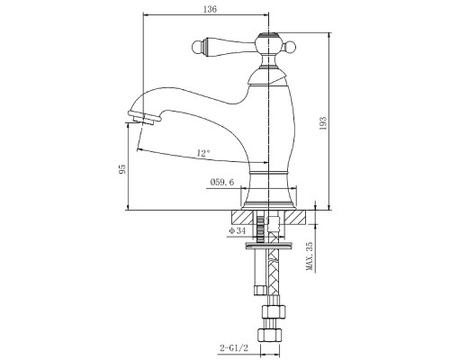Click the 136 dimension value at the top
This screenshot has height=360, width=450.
[x=210, y=9]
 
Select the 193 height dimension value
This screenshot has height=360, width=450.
[x=323, y=123]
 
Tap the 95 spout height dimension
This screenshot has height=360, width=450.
[x=122, y=169]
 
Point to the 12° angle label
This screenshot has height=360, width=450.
[x=203, y=153]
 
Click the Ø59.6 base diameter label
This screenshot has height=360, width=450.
[x=222, y=182]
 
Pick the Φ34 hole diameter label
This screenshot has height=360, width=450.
[x=238, y=230]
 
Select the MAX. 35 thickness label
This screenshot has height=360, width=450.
[x=310, y=256]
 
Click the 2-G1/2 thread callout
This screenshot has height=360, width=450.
[x=234, y=348]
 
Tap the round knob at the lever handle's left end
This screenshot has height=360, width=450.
[x=197, y=47]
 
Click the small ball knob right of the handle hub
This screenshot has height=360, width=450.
[x=290, y=47]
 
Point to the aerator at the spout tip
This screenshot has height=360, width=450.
[x=141, y=118]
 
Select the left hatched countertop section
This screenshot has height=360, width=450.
[x=242, y=217]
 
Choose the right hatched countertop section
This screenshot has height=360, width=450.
[x=295, y=217]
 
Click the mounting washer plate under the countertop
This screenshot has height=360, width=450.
[x=269, y=246]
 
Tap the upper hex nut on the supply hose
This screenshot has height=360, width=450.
[x=274, y=311]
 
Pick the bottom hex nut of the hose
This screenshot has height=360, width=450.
[x=271, y=334]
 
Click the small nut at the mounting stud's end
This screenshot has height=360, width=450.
[x=260, y=290]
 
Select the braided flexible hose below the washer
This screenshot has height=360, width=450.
[x=273, y=272]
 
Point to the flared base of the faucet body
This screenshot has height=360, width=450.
[x=269, y=192]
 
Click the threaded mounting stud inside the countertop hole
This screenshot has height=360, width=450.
[x=261, y=229]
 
